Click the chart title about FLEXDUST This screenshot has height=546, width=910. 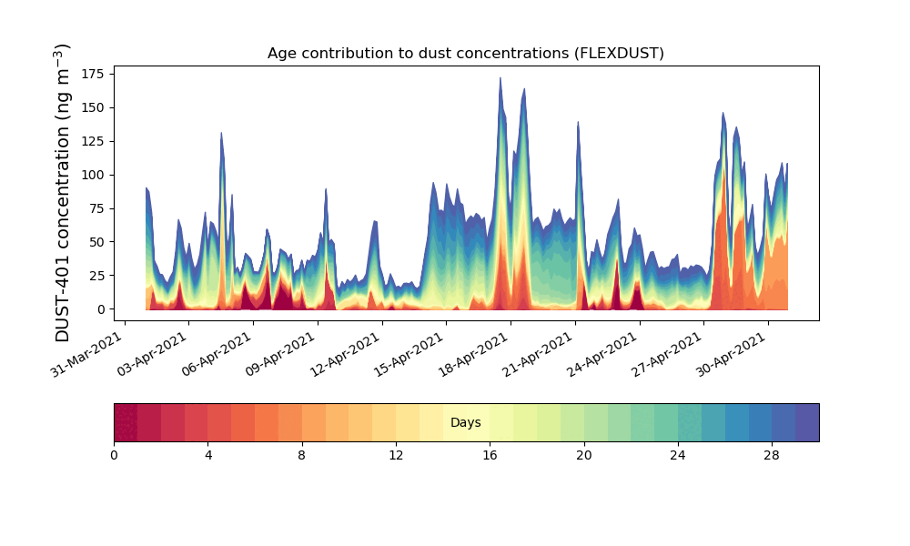(465, 53)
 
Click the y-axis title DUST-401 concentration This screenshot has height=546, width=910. (63, 193)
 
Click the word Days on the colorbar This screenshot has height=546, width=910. (465, 423)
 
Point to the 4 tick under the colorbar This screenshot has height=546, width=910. (207, 455)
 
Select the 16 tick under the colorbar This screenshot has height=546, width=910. (490, 455)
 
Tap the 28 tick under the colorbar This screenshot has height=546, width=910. (772, 455)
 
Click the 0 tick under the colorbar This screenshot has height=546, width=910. (114, 455)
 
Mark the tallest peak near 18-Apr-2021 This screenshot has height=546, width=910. (500, 79)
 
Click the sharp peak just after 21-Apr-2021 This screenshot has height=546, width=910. (578, 122)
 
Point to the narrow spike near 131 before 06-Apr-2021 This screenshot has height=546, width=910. (221, 134)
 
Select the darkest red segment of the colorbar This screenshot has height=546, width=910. (126, 423)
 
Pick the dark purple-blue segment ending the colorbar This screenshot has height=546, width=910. (807, 423)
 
